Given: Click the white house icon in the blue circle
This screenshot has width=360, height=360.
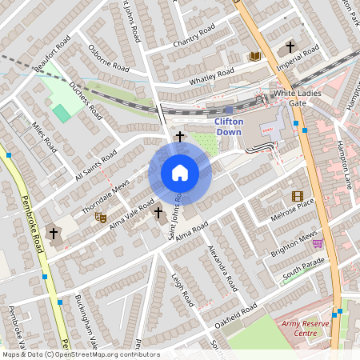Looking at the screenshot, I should pyautogui.click(x=180, y=172).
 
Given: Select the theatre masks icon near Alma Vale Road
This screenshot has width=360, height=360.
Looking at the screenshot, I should pyautogui.click(x=101, y=216).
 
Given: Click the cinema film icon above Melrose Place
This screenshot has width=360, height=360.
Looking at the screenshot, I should pyautogui.click(x=298, y=196).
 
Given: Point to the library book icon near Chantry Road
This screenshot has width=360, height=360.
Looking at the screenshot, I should pyautogui.click(x=255, y=56).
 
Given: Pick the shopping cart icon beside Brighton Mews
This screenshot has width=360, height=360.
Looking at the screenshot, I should pyautogui.click(x=318, y=243).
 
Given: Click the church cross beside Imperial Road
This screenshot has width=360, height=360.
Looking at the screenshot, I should pyautogui.click(x=290, y=47).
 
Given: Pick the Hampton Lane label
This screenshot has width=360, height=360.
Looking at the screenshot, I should pyautogui.click(x=345, y=164).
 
